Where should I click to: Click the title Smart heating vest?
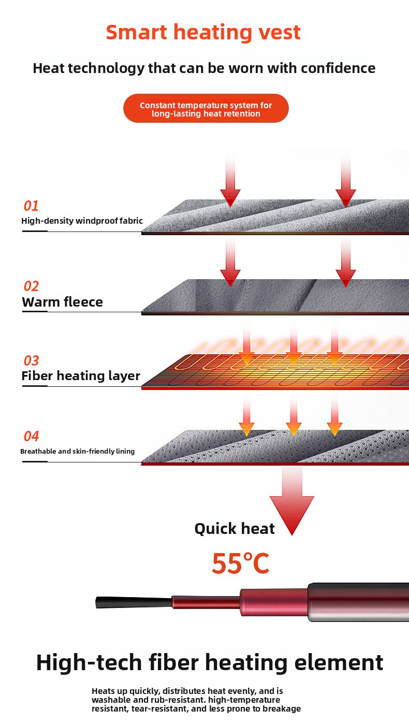coord(203,32)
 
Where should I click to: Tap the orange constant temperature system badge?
coord(206,109)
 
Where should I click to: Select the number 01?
coord(31,206)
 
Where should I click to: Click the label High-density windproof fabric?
coord(82,221)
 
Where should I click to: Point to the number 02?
coord(31,286)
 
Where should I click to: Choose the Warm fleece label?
coord(62,302)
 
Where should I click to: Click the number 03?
coord(31,361)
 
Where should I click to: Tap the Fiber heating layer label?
coord(81,376)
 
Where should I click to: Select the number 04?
coord(31,437)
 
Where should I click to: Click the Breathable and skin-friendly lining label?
coord(77,452)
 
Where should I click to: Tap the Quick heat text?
coord(235,529)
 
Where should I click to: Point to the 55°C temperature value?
coord(241,564)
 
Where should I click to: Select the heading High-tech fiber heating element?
coord(209,663)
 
